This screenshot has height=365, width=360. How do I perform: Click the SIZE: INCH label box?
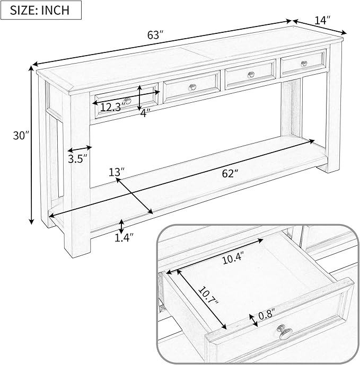click(41, 10)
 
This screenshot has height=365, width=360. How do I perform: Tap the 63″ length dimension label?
click(154, 35)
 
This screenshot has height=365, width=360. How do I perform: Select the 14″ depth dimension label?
click(322, 20)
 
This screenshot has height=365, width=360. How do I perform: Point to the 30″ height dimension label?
click(21, 135)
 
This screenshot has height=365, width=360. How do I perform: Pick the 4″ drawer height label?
click(145, 113)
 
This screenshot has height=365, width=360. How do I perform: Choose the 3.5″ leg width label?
click(77, 159)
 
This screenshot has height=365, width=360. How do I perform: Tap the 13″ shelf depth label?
click(117, 172)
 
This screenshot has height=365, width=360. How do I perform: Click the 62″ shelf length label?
click(230, 173)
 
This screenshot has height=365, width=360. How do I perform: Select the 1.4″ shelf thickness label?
click(124, 238)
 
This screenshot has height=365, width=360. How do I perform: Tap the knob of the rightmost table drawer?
click(304, 64)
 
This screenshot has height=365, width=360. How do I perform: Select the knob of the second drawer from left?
click(192, 87)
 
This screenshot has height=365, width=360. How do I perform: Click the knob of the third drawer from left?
click(251, 75)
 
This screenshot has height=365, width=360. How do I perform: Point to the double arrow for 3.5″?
click(80, 149)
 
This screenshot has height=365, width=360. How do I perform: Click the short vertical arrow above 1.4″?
click(121, 226)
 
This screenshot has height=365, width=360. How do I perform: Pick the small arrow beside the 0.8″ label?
click(253, 321)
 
